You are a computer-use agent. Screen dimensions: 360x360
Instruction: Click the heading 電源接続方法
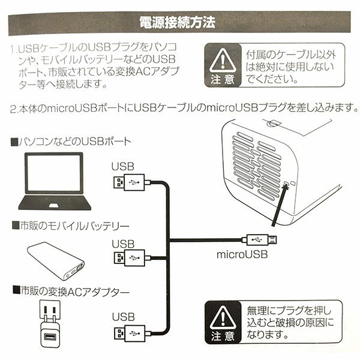[177, 23]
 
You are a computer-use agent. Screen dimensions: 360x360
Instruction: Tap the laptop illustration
[55, 181]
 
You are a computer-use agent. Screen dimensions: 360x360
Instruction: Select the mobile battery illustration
[56, 261]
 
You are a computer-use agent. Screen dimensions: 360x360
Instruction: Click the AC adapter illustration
[50, 324]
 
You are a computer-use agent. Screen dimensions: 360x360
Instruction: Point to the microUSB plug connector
[259, 240]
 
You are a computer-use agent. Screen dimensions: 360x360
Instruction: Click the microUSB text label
[242, 254]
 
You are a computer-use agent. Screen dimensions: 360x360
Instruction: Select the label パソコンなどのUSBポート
[71, 142]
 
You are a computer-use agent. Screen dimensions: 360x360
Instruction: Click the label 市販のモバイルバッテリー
[70, 226]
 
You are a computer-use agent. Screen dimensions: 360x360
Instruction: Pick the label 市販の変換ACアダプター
[71, 292]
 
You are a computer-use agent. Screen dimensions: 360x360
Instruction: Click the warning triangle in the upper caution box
[223, 60]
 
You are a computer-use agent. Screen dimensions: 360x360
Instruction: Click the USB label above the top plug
[123, 166]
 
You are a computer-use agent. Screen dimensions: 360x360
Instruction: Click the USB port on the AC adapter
[50, 337]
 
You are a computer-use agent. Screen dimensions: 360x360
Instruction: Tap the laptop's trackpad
[54, 205]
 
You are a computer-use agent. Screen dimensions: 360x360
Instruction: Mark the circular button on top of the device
[272, 123]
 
